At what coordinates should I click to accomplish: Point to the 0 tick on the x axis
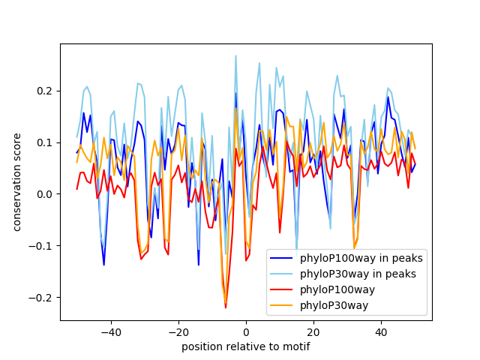[246, 331]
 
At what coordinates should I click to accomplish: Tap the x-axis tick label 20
[313, 331]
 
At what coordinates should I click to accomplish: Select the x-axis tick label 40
[381, 331]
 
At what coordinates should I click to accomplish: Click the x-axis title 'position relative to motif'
[246, 346]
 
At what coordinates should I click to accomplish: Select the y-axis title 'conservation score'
[16, 182]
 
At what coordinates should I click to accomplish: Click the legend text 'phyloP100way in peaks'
[361, 259]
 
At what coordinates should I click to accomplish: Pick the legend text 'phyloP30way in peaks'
[358, 274]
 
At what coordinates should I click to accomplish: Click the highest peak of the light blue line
[235, 55]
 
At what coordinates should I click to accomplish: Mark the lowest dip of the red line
[226, 307]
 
